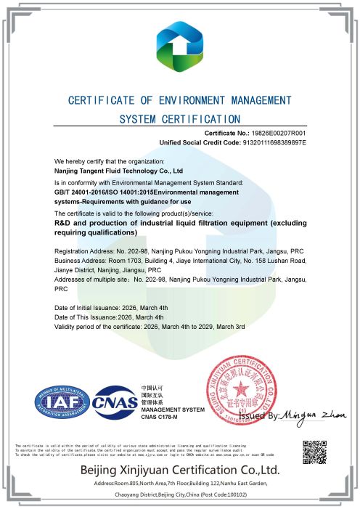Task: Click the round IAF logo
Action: click(x=64, y=402)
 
